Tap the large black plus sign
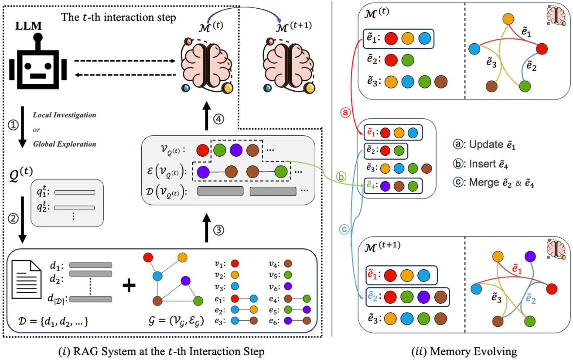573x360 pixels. (x=129, y=286)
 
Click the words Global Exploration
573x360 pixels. (x=65, y=144)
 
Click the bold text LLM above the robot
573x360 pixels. (x=31, y=27)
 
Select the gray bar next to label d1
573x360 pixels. (x=91, y=265)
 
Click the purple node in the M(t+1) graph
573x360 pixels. (x=530, y=256)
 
